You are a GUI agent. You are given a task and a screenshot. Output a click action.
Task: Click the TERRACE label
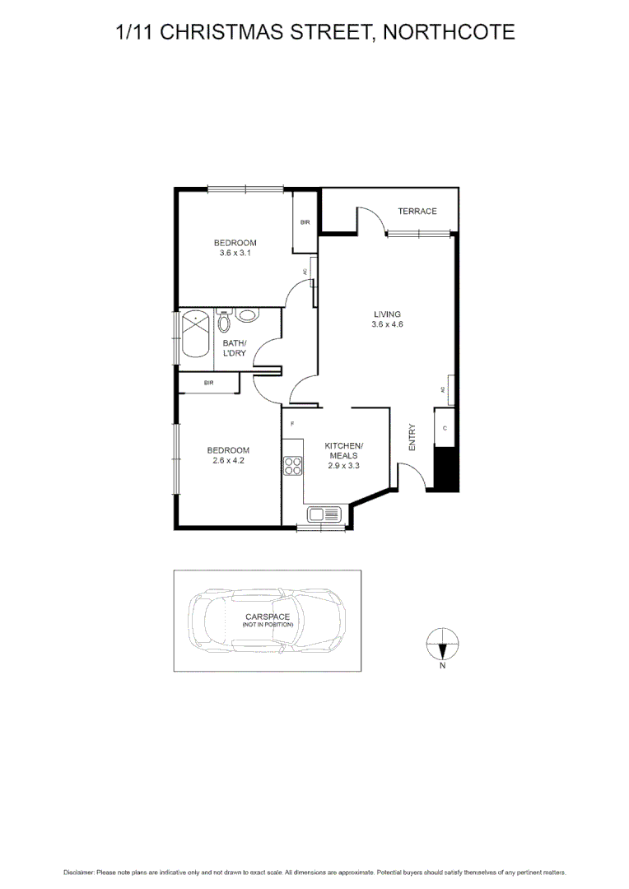[x=417, y=212]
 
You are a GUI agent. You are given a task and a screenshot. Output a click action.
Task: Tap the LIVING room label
[x=387, y=314]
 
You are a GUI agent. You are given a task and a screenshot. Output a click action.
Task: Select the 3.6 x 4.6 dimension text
[x=387, y=324]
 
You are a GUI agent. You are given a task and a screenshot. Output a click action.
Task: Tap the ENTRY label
[x=412, y=436]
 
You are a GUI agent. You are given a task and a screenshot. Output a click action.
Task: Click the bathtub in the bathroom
[x=196, y=333]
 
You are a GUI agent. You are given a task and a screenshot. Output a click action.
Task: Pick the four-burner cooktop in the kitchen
[x=293, y=466]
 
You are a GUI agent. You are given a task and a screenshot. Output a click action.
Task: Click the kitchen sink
[x=324, y=515]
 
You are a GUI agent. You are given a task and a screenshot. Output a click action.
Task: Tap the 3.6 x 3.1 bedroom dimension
[x=235, y=254]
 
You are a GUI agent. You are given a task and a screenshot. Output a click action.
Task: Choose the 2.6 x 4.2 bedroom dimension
[x=228, y=461]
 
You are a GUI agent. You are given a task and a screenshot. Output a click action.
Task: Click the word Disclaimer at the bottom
[x=79, y=872]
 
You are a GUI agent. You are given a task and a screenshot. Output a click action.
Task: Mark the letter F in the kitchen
[x=292, y=424]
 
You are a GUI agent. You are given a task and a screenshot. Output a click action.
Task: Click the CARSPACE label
[x=267, y=617]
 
